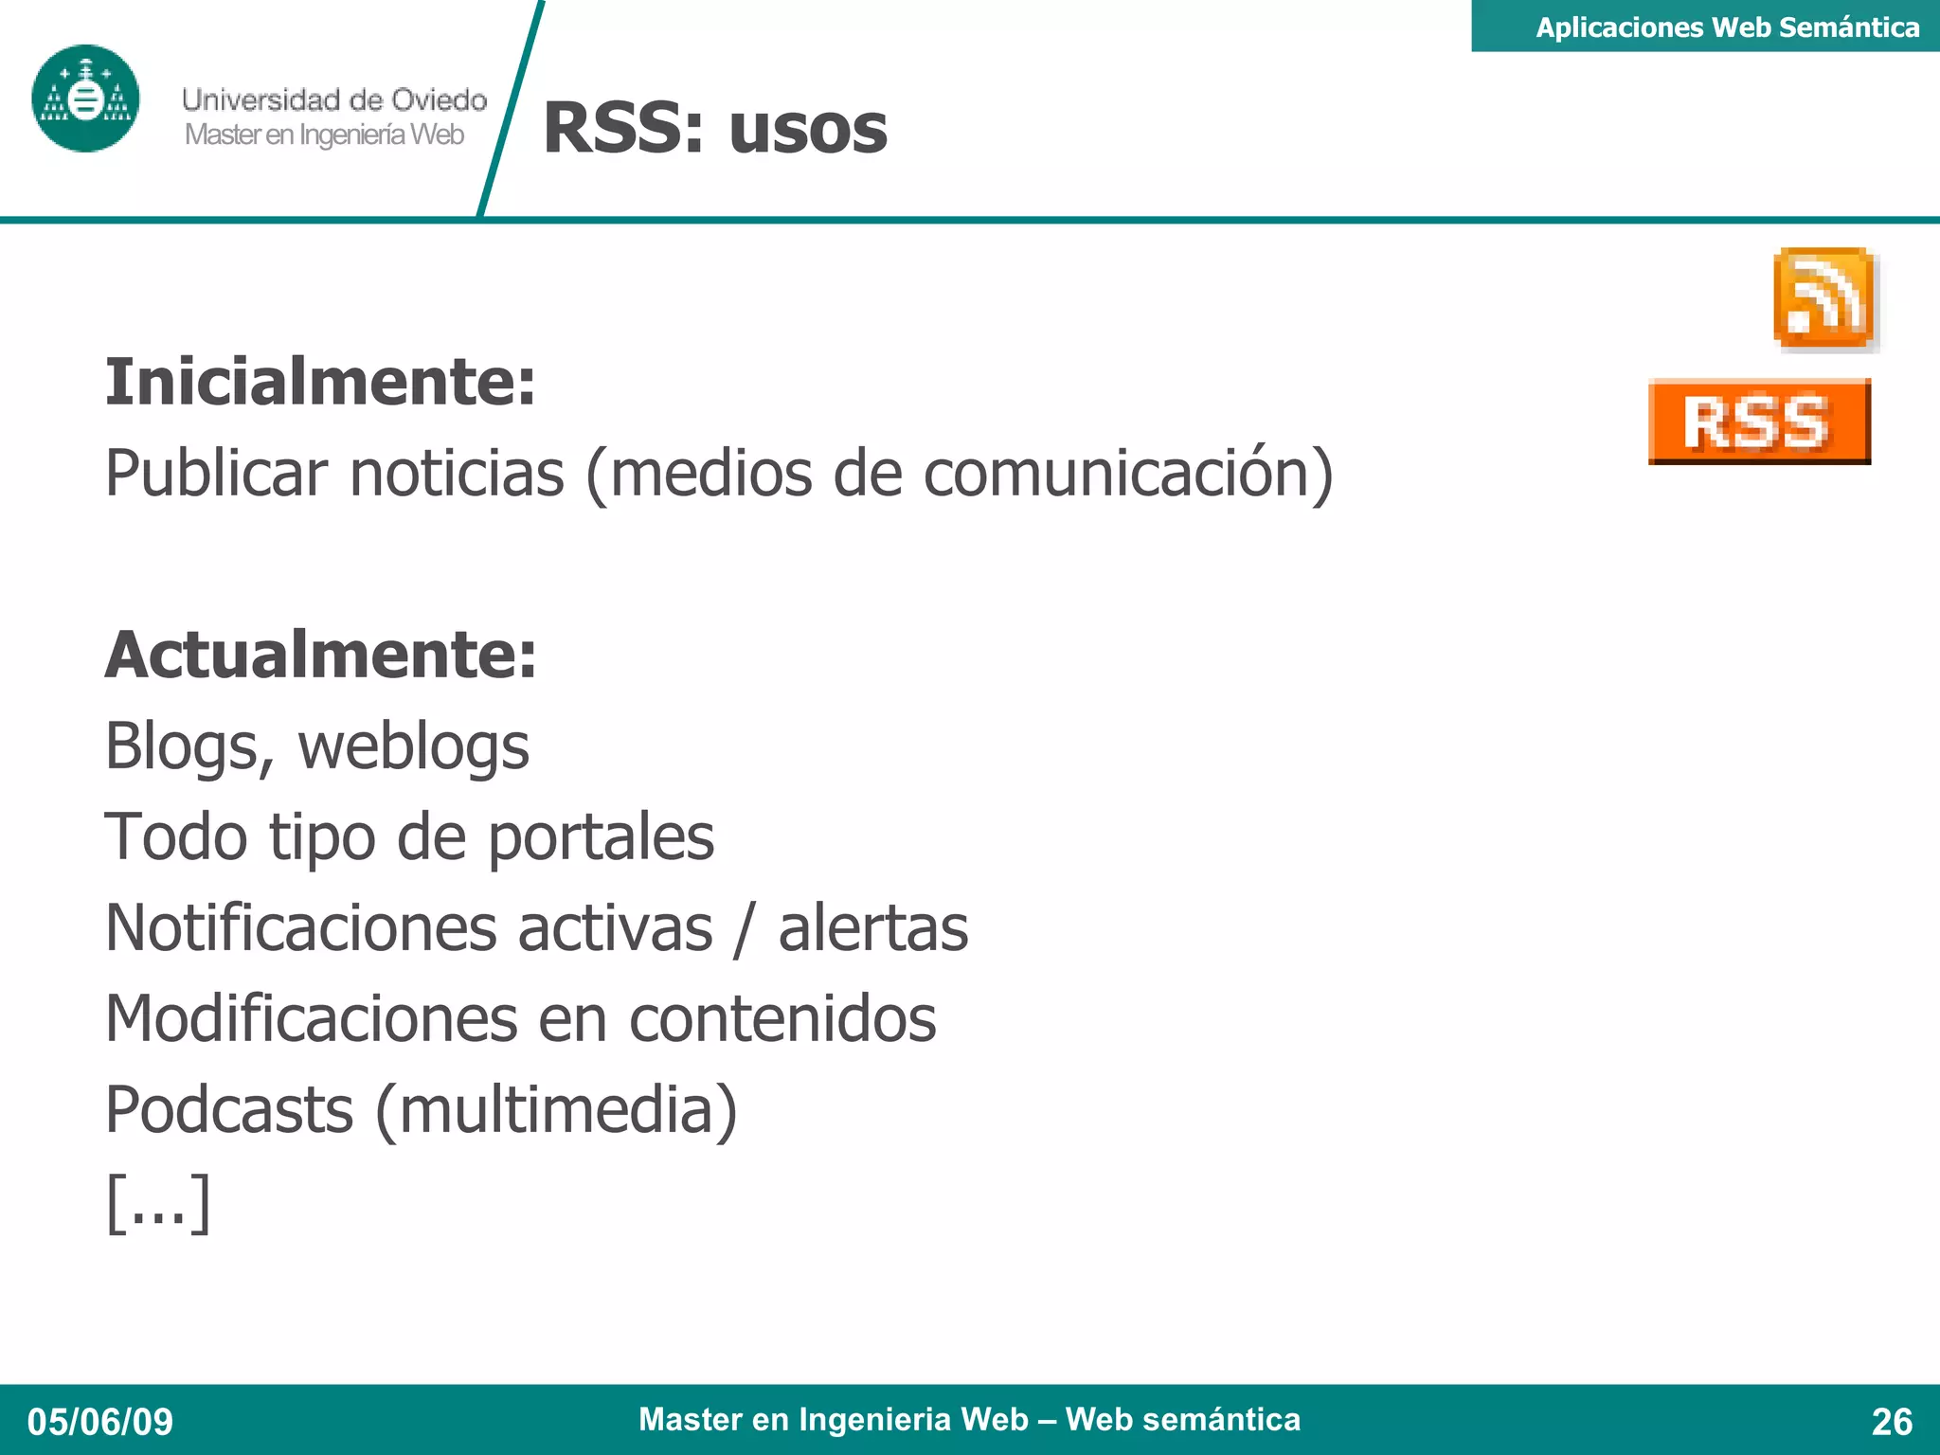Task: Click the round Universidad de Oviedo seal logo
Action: coord(85,99)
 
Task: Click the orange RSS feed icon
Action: coord(1824,298)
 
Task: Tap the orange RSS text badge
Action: coord(1759,422)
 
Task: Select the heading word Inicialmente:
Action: coord(320,382)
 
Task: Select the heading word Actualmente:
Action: coord(320,655)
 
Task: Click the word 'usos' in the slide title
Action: coord(808,129)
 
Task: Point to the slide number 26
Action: coord(1892,1422)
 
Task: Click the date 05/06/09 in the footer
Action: coord(100,1422)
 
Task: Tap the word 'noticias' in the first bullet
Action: coord(457,473)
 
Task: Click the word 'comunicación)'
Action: coord(1127,473)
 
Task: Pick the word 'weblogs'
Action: coord(413,746)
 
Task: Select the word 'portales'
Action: coord(601,837)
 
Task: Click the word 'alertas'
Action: coord(872,927)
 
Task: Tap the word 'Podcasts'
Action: coord(229,1109)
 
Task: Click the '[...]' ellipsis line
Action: coord(157,1202)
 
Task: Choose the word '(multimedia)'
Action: coord(556,1109)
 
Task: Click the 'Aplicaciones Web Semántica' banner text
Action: coord(1727,27)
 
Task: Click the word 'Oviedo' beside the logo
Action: coord(439,99)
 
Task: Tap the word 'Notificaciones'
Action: coord(300,927)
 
